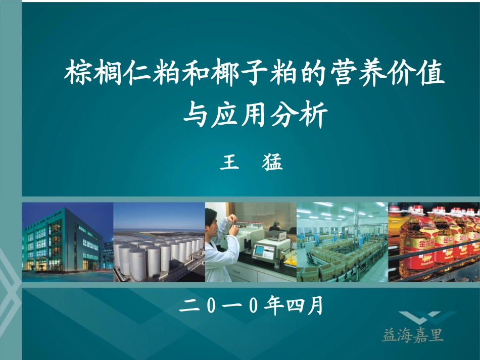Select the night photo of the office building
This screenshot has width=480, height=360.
(x=67, y=242)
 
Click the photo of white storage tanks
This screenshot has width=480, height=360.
(x=159, y=242)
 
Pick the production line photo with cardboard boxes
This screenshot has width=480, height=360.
(x=342, y=242)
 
